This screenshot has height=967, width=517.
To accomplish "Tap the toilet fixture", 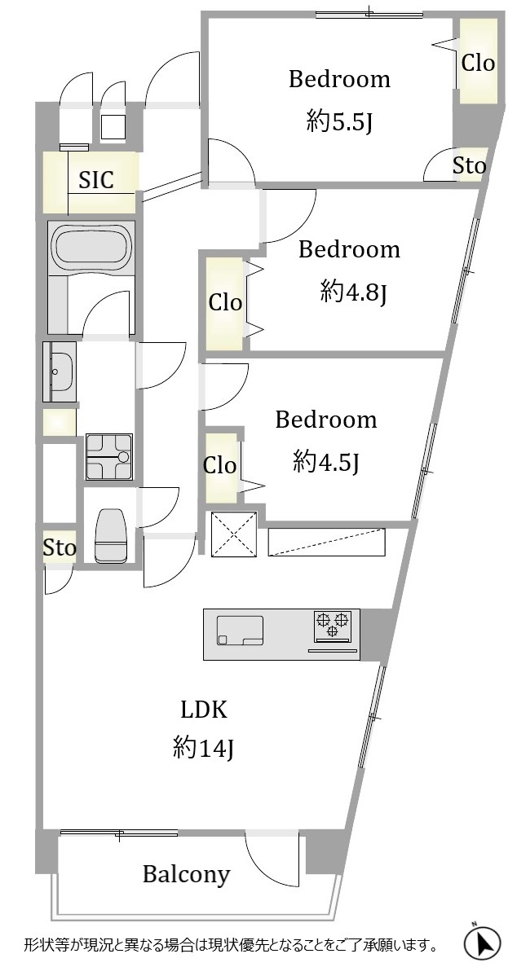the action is [x=111, y=534].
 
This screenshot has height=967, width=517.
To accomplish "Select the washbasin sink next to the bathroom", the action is [x=60, y=371].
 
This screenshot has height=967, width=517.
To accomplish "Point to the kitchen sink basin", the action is [x=241, y=631].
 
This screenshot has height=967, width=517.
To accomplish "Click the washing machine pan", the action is [x=108, y=456].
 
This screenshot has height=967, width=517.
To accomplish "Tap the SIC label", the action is [x=96, y=179].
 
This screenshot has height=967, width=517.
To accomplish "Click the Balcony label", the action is [x=187, y=874].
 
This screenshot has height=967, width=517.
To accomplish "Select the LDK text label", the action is [x=204, y=710].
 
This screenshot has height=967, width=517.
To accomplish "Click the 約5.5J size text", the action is [x=339, y=123].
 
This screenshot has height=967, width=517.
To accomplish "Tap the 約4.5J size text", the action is [x=326, y=461].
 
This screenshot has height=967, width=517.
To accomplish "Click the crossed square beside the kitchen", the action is [x=233, y=534].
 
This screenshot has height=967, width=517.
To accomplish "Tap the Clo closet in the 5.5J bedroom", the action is [x=479, y=62].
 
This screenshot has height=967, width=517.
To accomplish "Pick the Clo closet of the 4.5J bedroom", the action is [x=220, y=466].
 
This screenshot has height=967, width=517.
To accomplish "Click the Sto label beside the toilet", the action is [x=60, y=547].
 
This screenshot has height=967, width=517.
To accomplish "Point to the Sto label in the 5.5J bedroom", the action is [x=470, y=165].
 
